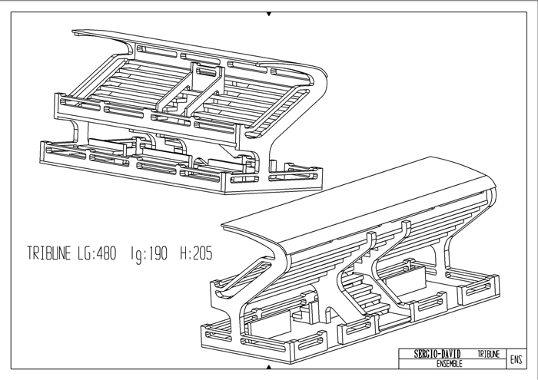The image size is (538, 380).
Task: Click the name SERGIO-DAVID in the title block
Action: coord(435,354)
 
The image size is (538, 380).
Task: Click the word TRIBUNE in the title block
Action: coord(489,354)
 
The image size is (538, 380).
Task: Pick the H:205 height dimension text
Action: coord(195,253)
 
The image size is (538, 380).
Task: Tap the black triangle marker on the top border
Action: coord(268,14)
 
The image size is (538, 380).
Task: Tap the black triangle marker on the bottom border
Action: coord(268,369)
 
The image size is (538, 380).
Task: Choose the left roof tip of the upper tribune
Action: coord(77,33)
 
